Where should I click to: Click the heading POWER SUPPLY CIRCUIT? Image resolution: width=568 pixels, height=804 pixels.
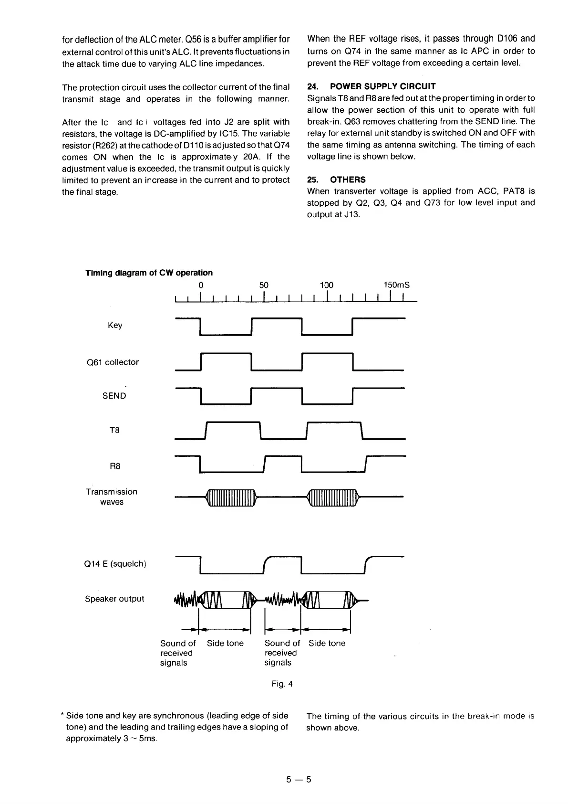click(382, 86)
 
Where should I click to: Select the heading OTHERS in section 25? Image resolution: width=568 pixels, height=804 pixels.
click(348, 180)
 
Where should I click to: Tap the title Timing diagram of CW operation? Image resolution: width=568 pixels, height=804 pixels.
click(149, 273)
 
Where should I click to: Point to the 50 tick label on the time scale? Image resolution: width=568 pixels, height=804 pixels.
click(264, 285)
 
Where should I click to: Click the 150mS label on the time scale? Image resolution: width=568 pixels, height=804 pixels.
click(396, 285)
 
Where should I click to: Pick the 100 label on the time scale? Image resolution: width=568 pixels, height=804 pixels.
click(326, 285)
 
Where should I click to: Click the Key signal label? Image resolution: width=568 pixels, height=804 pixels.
click(115, 325)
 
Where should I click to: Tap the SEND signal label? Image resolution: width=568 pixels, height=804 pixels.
click(114, 396)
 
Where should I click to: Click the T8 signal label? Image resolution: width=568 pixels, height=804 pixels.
click(115, 430)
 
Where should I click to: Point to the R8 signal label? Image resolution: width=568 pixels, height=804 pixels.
click(115, 466)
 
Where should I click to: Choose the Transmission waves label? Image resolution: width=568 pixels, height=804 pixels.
click(112, 497)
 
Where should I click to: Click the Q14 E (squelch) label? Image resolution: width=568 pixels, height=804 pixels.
click(115, 564)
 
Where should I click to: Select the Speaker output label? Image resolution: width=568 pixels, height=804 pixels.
click(114, 599)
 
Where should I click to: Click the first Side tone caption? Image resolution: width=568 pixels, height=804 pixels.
click(225, 643)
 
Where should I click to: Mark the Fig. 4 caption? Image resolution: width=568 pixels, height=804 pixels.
click(282, 684)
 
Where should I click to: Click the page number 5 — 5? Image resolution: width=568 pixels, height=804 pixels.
click(299, 780)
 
